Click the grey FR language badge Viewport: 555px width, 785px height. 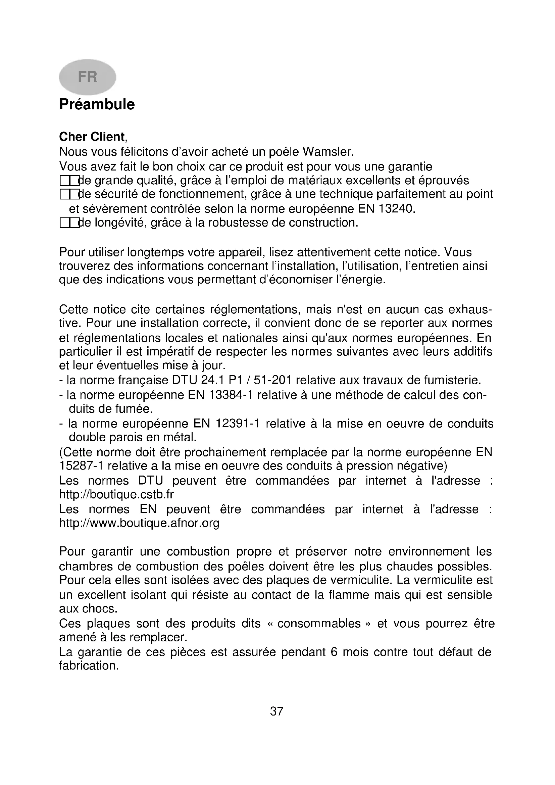coord(88,77)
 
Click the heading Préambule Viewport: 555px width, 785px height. coord(97,104)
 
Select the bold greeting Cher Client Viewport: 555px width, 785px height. coord(92,137)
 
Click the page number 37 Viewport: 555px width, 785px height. coord(277,711)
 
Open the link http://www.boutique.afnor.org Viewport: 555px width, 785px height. coord(139,523)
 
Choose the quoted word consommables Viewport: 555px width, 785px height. coord(319,624)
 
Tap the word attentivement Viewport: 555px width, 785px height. coord(331,252)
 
